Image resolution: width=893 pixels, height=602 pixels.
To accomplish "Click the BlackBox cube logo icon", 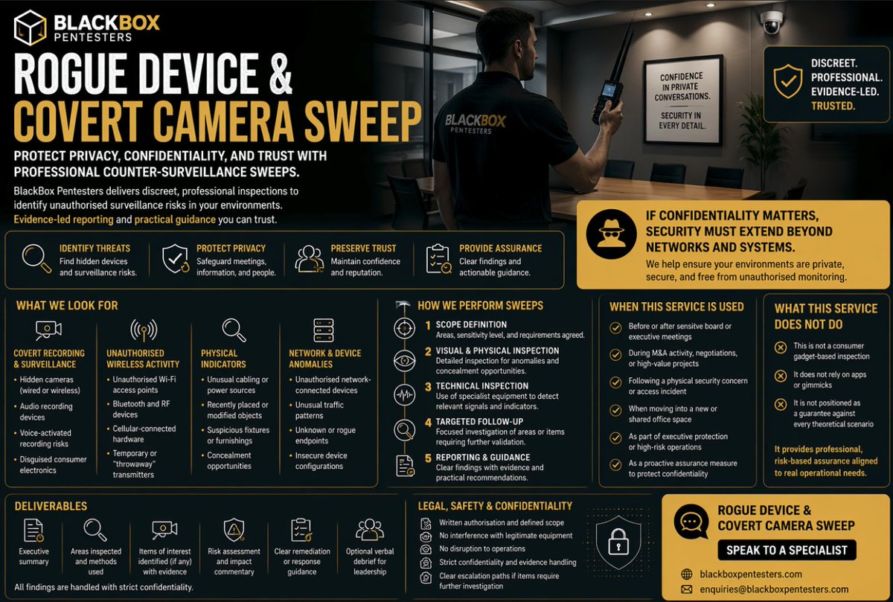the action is point(30,28).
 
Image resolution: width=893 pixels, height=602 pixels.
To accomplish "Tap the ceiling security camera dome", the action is point(772,22).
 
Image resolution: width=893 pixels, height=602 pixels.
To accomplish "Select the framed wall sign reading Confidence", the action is point(682,100).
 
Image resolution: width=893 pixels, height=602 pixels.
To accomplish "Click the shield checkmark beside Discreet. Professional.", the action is point(788,81).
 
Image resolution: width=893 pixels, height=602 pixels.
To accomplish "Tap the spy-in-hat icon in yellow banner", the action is point(611,234).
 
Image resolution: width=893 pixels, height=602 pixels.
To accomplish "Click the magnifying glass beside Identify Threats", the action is point(36,259).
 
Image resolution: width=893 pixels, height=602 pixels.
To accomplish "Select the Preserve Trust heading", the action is point(363,249).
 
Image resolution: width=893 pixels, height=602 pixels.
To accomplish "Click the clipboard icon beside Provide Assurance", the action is point(438,259).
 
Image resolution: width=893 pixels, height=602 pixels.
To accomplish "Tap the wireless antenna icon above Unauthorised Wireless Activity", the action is point(144,330).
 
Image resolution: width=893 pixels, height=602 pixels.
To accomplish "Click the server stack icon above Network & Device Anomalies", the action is point(323,330).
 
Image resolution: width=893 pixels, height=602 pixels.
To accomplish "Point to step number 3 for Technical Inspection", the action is point(428,387).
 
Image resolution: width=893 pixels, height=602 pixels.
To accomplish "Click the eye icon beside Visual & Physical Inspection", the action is point(404,361).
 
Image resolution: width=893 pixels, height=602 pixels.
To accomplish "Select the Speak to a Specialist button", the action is point(787,550).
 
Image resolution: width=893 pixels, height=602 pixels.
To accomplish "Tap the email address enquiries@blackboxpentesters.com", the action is point(774,589).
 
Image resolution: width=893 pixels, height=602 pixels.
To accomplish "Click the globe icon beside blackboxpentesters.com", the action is point(686,574).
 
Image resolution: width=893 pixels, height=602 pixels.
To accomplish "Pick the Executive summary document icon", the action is point(33,531).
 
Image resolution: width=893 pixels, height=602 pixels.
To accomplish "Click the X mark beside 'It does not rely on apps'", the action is point(781,376).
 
